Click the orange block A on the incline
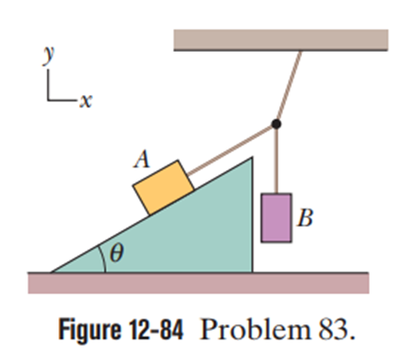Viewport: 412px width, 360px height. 164,187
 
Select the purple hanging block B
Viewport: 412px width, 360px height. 277,218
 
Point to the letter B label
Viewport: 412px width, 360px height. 305,217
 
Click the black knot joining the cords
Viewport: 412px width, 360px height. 276,124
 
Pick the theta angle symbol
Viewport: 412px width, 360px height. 117,253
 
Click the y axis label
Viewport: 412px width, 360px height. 48,55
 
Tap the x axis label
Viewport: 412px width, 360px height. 86,101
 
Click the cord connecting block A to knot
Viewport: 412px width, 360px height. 230,149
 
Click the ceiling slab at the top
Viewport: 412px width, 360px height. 281,39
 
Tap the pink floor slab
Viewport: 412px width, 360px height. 198,283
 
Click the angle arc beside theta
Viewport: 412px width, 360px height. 103,258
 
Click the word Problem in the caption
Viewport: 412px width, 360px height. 255,330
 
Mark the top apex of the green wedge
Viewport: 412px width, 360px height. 252,158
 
